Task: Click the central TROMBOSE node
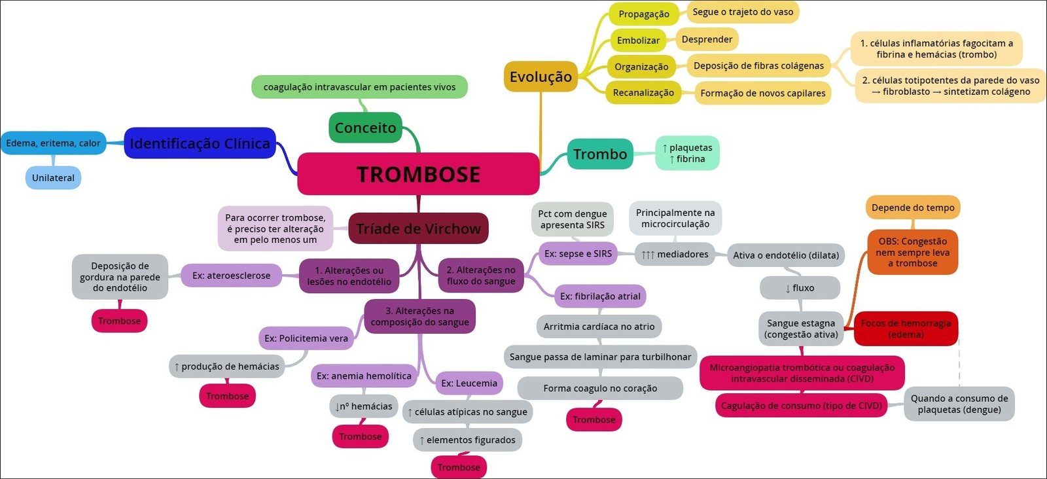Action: coord(418,174)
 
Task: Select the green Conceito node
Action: coord(365,128)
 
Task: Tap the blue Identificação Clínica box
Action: coord(200,143)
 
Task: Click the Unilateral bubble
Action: coord(53,178)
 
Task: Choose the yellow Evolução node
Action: coord(541,77)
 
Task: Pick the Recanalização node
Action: coord(643,93)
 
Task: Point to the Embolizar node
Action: coord(638,41)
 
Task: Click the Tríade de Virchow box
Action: coord(418,228)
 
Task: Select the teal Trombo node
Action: coord(600,154)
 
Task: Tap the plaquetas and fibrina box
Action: coord(687,153)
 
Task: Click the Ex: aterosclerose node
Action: coord(231,275)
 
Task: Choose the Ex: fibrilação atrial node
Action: coord(600,296)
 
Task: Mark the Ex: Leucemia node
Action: coord(469,383)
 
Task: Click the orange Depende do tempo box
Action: coord(913,207)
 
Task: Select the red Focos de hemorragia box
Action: coord(906,328)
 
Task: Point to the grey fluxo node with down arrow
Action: coord(800,288)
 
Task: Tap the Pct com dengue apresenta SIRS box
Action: coord(573,219)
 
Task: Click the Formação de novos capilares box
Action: coord(762,93)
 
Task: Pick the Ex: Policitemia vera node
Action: coord(306,338)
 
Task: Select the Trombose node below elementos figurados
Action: coord(459,467)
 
